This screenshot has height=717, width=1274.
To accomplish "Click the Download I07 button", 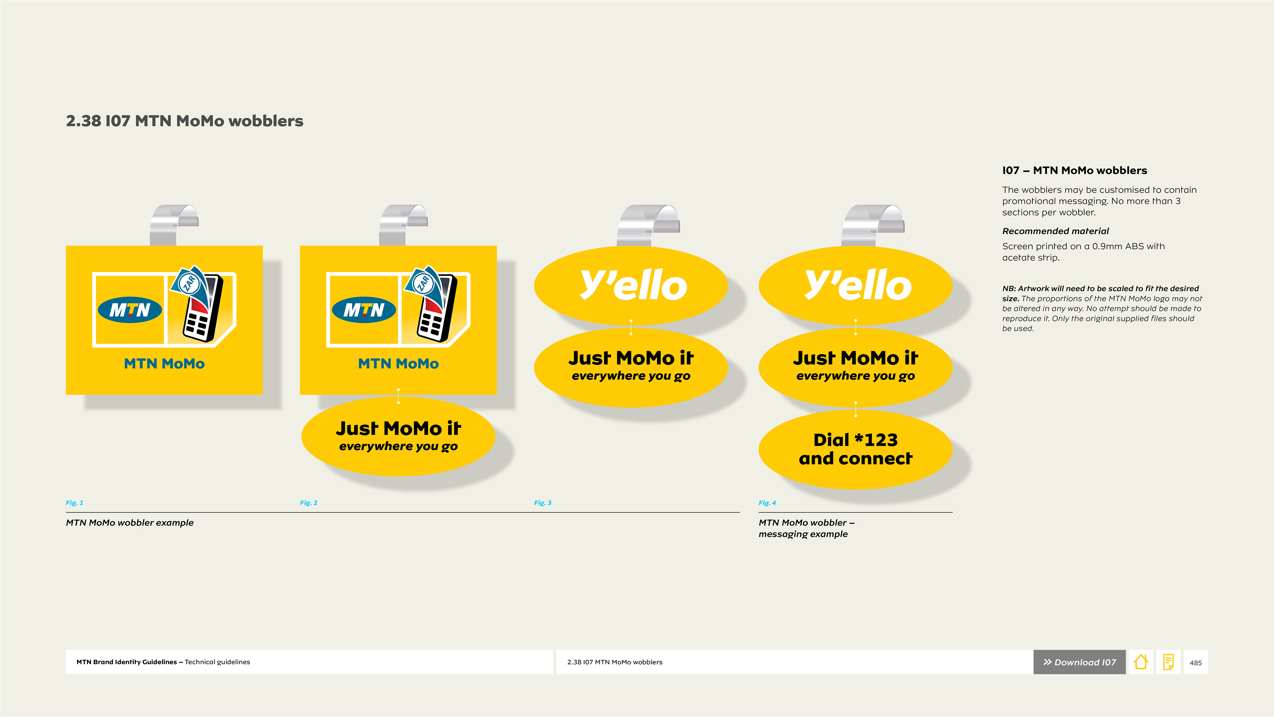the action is click(x=1079, y=662).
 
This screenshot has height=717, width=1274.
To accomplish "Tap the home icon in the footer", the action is click(x=1141, y=662).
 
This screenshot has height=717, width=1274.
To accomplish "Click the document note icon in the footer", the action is click(x=1168, y=662).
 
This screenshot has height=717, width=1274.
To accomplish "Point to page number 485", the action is click(x=1196, y=663).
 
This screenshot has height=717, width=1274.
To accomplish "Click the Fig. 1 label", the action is click(x=75, y=503).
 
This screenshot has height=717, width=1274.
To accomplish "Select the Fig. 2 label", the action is click(x=309, y=503).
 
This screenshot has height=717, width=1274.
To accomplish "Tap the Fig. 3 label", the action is click(x=542, y=503).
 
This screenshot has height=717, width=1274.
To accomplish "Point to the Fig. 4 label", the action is click(x=767, y=503).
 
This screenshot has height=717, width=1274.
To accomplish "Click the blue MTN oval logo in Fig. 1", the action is click(x=130, y=310).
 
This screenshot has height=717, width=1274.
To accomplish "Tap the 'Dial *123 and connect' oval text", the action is click(x=856, y=449).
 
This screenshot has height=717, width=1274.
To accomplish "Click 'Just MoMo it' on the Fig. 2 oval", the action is click(x=398, y=428).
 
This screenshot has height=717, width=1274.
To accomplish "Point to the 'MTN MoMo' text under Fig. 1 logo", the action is click(x=164, y=364).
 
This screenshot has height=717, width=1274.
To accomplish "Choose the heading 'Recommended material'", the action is click(x=1055, y=231).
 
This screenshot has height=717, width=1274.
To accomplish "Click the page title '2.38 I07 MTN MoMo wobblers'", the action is click(x=184, y=121).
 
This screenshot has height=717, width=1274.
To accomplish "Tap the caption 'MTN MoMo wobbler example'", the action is click(x=130, y=522).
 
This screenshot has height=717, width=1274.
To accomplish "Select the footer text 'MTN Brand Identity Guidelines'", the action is click(x=127, y=662).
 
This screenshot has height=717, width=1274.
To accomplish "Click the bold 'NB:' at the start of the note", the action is click(x=1009, y=288).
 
